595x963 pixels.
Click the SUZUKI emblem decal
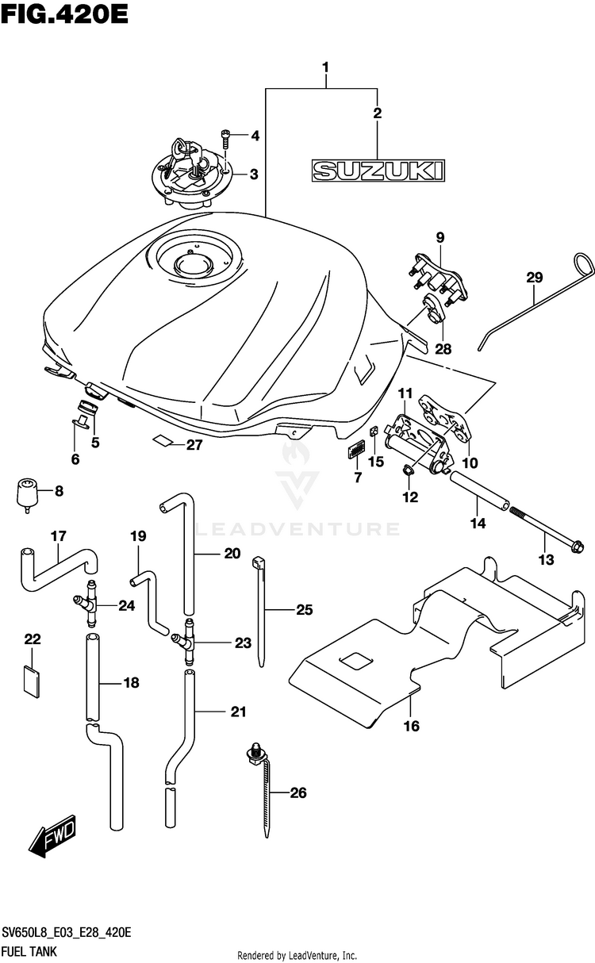coord(377,170)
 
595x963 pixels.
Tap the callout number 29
coord(534,278)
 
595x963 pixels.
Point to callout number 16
coord(412,725)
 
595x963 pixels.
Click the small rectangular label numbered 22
coord(30,681)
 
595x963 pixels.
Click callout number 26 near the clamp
coord(298,792)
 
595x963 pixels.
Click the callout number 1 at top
coord(326,67)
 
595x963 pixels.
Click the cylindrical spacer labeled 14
coord(480,491)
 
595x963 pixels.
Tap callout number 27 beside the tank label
coord(195,445)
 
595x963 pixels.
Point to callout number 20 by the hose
coord(232,554)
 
